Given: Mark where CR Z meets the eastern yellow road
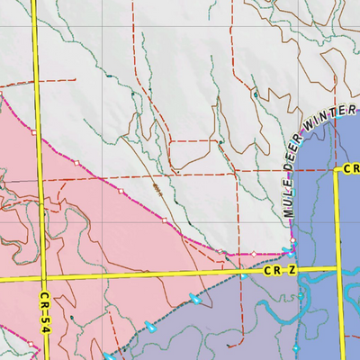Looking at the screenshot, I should (x=340, y=267).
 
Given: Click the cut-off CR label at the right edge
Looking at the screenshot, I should (x=351, y=168).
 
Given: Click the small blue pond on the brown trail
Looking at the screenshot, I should (x=256, y=94).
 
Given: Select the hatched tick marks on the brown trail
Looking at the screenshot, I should (x=157, y=188).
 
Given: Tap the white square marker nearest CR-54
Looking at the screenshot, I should (x=34, y=131).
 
